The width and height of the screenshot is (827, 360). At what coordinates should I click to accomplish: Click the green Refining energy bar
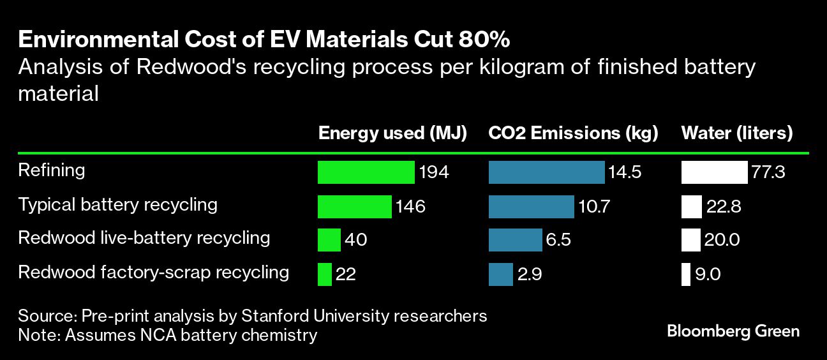(366, 172)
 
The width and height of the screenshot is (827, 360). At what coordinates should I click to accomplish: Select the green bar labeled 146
(354, 206)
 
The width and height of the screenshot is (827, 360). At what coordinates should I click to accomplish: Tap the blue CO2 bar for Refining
(546, 172)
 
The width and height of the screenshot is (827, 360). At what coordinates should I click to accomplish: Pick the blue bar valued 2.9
(500, 274)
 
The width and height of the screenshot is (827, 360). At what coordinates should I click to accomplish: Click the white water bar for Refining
(714, 172)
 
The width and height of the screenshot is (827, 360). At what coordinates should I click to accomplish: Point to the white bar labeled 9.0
(685, 274)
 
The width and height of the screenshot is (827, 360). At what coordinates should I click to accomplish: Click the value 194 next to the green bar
(435, 172)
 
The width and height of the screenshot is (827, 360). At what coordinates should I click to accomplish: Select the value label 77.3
(768, 172)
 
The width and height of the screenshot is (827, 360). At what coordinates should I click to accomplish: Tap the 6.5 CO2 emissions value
(559, 240)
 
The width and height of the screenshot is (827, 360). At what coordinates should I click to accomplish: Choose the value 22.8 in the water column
(724, 206)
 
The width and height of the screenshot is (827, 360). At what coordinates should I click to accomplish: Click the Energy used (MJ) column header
(392, 133)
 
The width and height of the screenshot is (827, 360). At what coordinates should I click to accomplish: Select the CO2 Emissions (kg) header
(573, 133)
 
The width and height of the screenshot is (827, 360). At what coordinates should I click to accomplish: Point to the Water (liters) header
(737, 133)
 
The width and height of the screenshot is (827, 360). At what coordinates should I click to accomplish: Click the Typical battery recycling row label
(118, 205)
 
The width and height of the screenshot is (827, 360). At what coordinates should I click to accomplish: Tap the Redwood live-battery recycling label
(144, 238)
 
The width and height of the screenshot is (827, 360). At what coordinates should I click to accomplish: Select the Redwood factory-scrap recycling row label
(154, 273)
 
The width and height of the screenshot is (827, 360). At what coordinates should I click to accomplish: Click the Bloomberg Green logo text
(733, 331)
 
